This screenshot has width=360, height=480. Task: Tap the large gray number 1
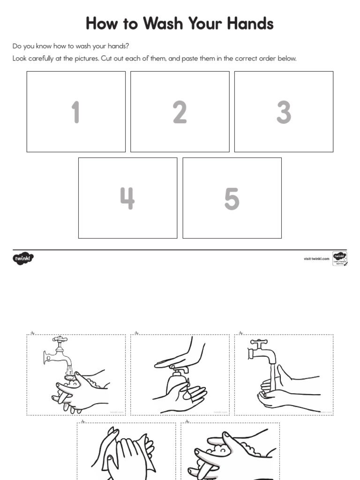[75, 112]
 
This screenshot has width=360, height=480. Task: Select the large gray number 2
[180, 112]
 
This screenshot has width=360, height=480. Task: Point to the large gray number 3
[284, 112]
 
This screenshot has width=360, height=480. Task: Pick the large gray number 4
[127, 198]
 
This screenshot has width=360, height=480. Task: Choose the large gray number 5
[232, 198]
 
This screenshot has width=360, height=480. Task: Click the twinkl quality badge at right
[339, 258]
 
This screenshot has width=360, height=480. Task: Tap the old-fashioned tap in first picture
[57, 352]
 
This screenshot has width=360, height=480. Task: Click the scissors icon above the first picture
[32, 333]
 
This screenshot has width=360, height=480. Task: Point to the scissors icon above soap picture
[136, 333]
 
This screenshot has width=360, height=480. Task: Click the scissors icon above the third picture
[240, 333]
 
